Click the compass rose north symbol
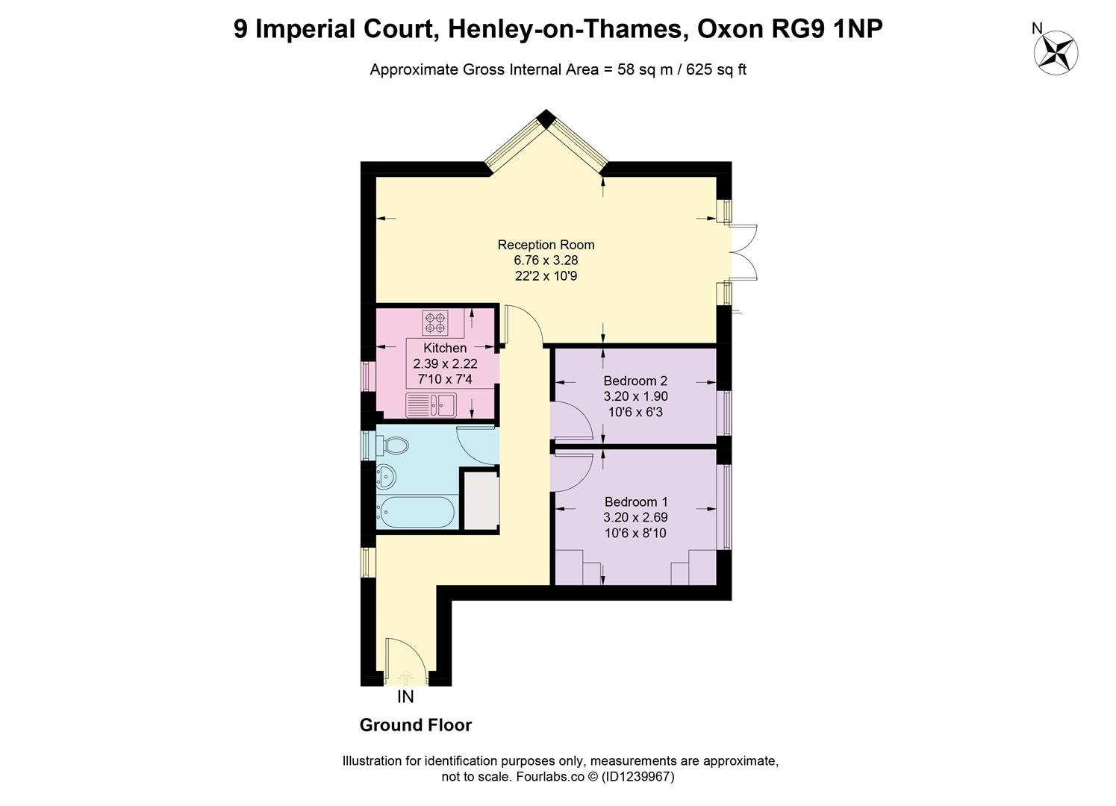tap(1056, 51)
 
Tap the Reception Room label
tap(546, 245)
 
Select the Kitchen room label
tap(445, 348)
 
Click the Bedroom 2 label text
tap(635, 381)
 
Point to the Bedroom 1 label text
tap(635, 502)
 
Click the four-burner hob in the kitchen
tap(435, 322)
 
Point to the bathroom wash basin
tap(385, 473)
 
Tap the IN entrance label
tap(405, 697)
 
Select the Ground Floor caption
tap(416, 725)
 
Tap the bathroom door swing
tap(476, 445)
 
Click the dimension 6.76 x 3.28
tap(546, 260)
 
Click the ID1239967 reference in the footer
tap(638, 777)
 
